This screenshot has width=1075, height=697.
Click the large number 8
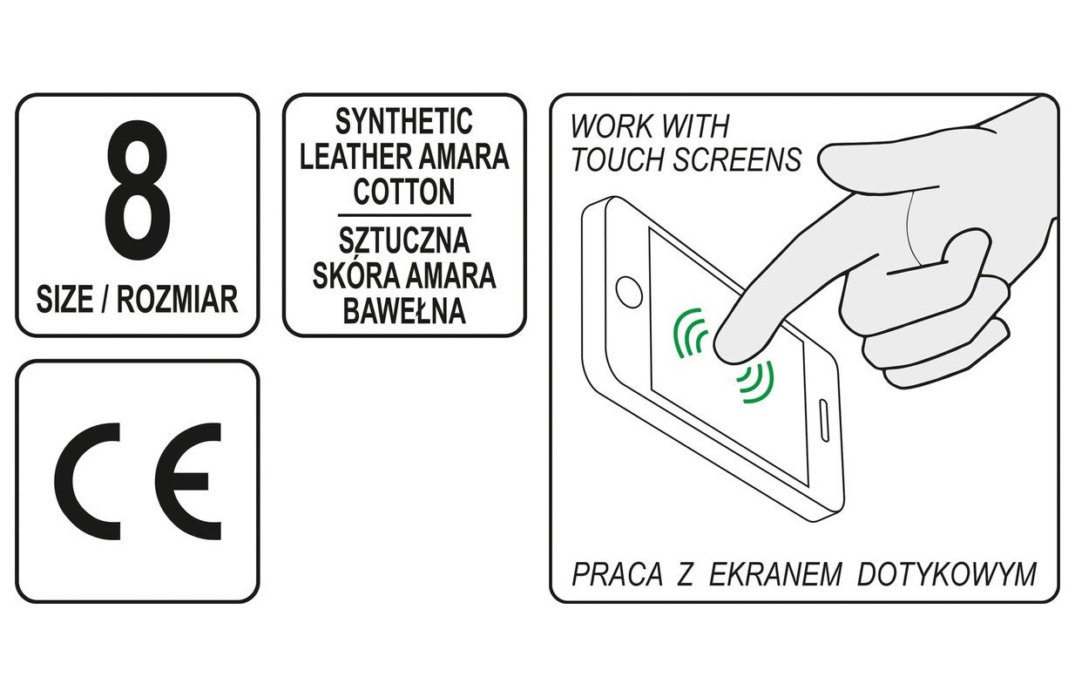coord(138,190)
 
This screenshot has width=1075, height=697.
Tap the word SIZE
coord(64,300)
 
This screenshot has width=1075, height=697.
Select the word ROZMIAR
coord(178,300)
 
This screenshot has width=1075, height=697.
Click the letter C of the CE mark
coord(87,482)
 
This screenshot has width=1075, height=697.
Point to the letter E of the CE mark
coord(188,482)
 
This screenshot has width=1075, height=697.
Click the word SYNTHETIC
coord(404,122)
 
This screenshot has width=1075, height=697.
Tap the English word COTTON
coord(404,192)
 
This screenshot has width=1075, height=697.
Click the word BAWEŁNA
coord(404,311)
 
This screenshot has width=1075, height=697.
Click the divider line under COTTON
coord(404,215)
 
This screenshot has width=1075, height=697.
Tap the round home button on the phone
coord(629,292)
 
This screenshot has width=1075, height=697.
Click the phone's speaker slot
coord(823,420)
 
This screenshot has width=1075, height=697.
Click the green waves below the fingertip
coord(756,382)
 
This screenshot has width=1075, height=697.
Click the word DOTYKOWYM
coord(946,574)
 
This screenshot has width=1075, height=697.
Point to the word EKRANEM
coord(775,574)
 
